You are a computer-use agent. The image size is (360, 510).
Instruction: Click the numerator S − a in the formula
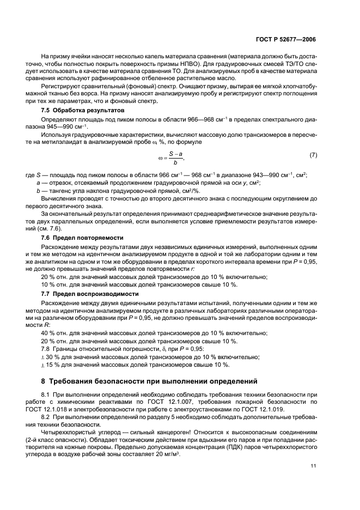[x=175, y=154]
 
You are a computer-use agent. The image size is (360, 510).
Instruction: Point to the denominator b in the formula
[x=175, y=162]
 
